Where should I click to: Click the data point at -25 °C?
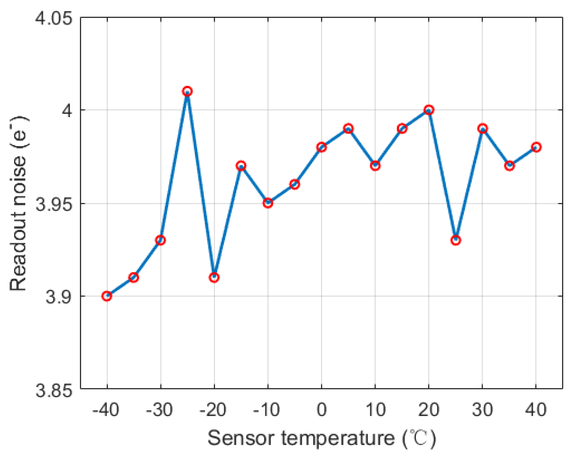pyautogui.click(x=187, y=92)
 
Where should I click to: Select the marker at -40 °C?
pyautogui.click(x=107, y=296)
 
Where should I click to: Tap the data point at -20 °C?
pyautogui.click(x=214, y=277)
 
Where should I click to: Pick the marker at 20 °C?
pyautogui.click(x=429, y=110)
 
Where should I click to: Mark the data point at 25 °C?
pyautogui.click(x=456, y=240)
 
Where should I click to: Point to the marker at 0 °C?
pyautogui.click(x=321, y=147)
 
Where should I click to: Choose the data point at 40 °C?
pyautogui.click(x=536, y=147)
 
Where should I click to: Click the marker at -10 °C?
pyautogui.click(x=268, y=203)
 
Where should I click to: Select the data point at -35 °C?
pyautogui.click(x=133, y=277)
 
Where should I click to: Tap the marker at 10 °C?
pyautogui.click(x=375, y=165)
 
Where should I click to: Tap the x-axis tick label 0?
pyautogui.click(x=321, y=409)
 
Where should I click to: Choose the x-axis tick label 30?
pyautogui.click(x=482, y=409)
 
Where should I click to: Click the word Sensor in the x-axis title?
pyautogui.click(x=241, y=438)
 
